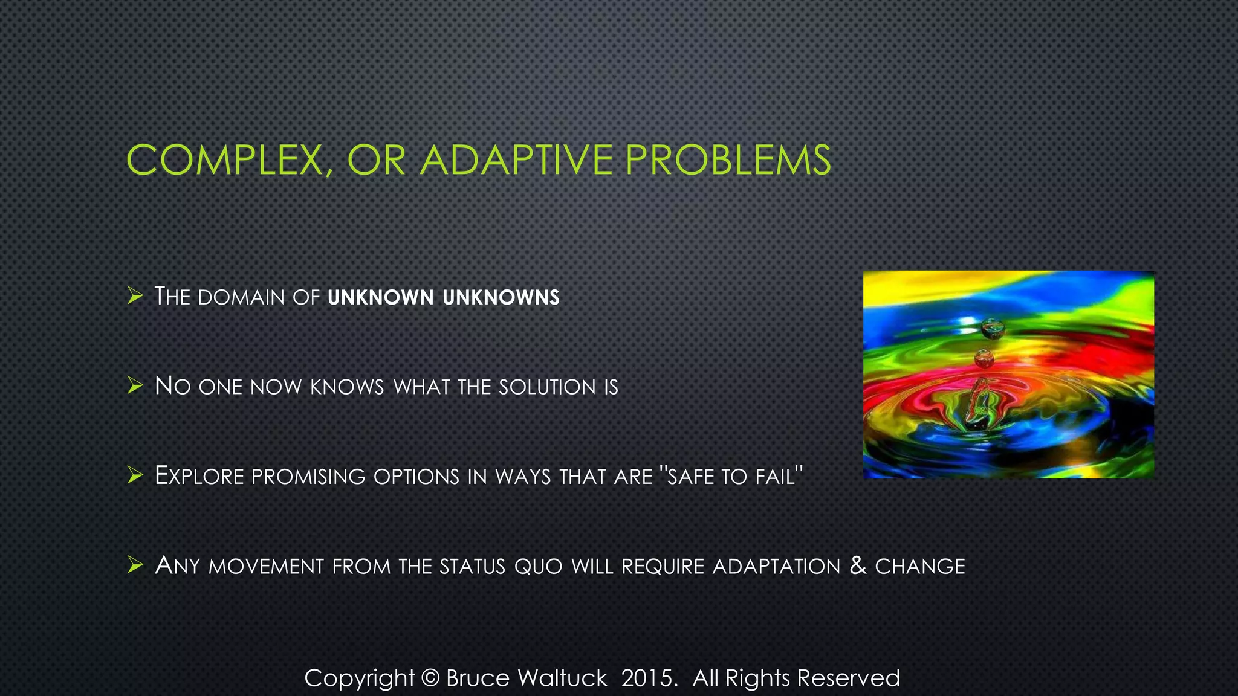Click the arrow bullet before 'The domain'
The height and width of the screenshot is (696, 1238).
135,296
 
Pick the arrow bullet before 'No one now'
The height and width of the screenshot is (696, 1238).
135,385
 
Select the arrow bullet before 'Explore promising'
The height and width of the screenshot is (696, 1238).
135,475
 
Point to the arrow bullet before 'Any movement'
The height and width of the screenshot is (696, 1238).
135,565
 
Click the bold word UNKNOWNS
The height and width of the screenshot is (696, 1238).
501,297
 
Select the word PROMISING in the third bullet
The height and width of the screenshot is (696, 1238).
308,477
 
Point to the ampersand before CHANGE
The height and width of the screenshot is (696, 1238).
858,565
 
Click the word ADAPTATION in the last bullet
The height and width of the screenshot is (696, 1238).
776,567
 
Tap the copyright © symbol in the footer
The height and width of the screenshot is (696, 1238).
430,678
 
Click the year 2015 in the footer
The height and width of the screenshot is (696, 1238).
646,678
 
